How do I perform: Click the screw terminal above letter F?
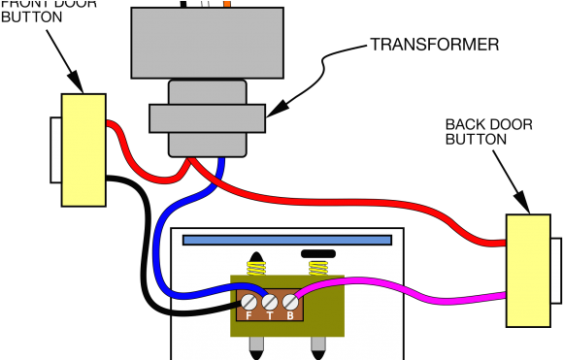tap(250, 302)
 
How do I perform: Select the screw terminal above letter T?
tap(270, 302)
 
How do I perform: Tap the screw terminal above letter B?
tap(290, 302)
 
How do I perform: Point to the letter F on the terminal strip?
tap(248, 315)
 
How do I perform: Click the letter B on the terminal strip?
tap(290, 315)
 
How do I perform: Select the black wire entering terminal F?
tap(194, 312)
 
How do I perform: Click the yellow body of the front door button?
tap(83, 149)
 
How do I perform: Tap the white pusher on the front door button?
tap(56, 149)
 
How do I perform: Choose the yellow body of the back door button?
tap(527, 271)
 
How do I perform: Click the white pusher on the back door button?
tap(555, 271)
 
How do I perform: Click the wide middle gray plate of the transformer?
tap(207, 117)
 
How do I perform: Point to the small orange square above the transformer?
tap(226, 4)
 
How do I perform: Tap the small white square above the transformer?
tap(205, 4)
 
